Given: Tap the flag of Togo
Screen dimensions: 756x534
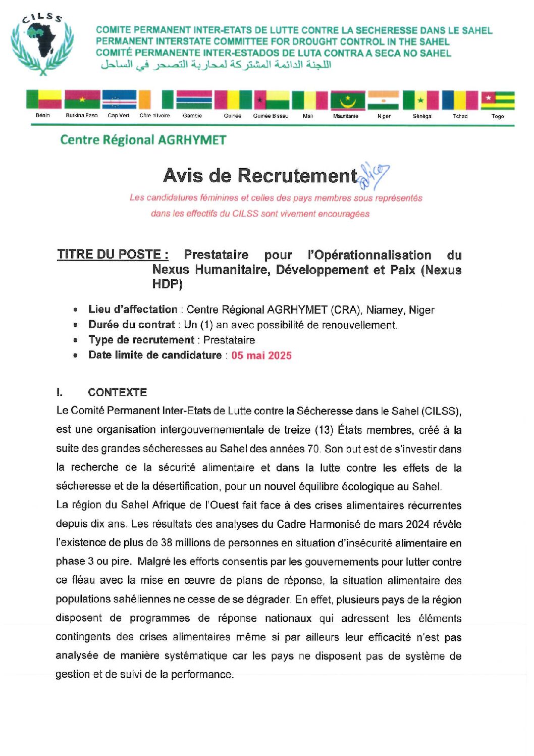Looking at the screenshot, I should (x=497, y=100).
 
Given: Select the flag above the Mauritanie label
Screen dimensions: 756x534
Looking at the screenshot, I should (x=347, y=100).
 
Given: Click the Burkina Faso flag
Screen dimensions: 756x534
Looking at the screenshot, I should (x=82, y=100).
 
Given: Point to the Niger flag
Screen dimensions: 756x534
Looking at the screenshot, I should (x=383, y=100).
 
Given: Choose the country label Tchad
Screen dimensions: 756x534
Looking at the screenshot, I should (x=460, y=116).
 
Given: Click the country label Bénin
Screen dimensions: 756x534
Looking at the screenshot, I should (x=43, y=116).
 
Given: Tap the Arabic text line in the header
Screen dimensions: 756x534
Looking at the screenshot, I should (x=216, y=65).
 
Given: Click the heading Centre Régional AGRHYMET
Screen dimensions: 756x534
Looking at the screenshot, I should (x=143, y=140).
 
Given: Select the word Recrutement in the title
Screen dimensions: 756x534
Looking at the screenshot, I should (x=297, y=176).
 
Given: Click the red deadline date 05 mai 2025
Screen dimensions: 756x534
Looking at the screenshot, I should (x=261, y=356).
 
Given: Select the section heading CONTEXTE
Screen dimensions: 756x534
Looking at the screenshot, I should (x=117, y=392).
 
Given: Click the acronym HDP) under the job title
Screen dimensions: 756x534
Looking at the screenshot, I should (x=167, y=284).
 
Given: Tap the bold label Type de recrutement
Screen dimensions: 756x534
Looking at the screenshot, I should (x=141, y=340).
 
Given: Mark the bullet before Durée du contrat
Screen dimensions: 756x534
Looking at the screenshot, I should (x=76, y=325).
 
